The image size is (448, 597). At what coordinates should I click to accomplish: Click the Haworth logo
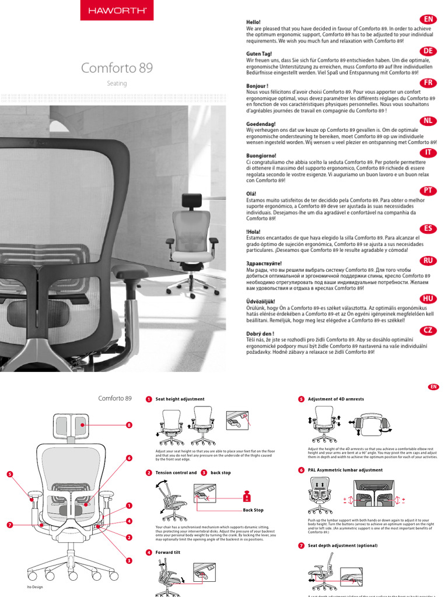click(117, 10)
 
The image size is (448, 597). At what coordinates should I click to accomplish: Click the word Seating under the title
click(117, 83)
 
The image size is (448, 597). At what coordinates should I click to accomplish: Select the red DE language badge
click(428, 51)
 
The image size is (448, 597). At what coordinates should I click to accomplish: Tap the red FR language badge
click(428, 83)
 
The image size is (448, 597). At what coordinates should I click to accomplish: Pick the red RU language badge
click(428, 261)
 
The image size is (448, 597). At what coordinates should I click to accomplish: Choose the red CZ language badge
click(428, 330)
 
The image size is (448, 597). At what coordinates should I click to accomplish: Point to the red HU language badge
click(428, 298)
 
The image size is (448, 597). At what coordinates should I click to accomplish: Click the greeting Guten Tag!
click(260, 54)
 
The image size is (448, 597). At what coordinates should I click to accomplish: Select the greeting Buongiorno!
click(262, 156)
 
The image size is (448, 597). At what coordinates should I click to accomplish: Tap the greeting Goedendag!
click(261, 124)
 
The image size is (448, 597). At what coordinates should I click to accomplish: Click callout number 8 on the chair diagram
click(129, 425)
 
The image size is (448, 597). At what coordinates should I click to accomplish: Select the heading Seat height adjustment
click(180, 399)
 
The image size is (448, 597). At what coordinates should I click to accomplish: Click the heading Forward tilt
click(168, 552)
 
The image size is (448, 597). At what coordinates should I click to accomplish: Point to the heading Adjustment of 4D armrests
click(335, 399)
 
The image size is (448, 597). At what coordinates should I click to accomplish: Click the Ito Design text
click(35, 587)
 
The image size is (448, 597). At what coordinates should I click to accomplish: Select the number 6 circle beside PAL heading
click(301, 470)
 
